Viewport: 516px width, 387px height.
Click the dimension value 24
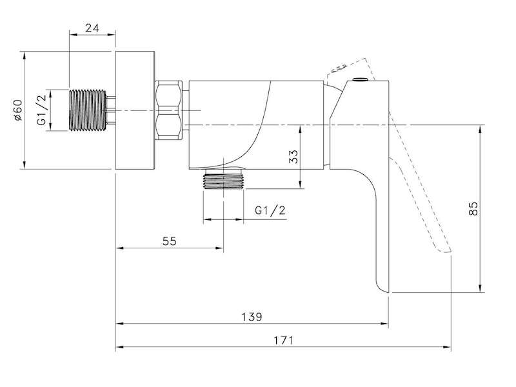(x=92, y=28)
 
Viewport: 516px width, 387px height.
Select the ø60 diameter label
(x=18, y=110)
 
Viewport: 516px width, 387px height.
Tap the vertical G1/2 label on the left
(x=41, y=110)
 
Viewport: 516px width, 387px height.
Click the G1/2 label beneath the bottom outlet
(x=270, y=210)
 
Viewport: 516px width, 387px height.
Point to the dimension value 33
(x=293, y=157)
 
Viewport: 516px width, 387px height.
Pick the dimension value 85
(x=473, y=208)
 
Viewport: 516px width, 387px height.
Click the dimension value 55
(x=170, y=241)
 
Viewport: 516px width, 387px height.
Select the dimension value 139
(x=252, y=317)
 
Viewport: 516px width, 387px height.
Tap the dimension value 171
(x=283, y=340)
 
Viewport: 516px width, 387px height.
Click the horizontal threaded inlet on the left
(x=88, y=110)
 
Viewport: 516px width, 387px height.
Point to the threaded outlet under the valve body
(x=224, y=180)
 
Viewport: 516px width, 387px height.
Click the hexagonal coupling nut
(x=168, y=110)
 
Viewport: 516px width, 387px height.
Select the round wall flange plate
(x=135, y=110)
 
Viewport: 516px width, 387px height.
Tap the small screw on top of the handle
(x=360, y=79)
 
